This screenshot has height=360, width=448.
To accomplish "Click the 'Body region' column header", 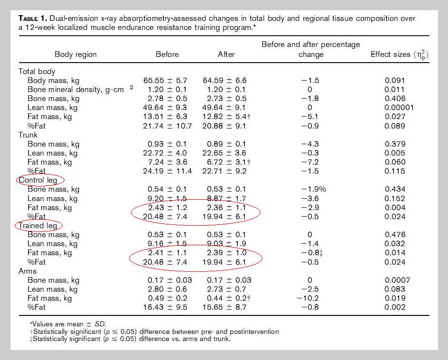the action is pyautogui.click(x=75, y=54).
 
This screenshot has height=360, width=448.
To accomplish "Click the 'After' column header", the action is pyautogui.click(x=226, y=54).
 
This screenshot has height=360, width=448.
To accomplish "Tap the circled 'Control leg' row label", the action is pyautogui.click(x=37, y=180).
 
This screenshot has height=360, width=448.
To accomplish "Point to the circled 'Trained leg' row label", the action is pyautogui.click(x=37, y=226).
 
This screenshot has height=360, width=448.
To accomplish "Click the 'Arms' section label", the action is pyautogui.click(x=28, y=271).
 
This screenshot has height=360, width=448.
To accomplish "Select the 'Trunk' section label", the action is pyautogui.click(x=28, y=135).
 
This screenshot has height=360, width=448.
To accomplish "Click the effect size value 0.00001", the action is pyautogui.click(x=399, y=108).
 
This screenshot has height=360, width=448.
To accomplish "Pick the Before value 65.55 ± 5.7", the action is pyautogui.click(x=165, y=81).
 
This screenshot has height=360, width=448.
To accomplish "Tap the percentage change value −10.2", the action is pyautogui.click(x=308, y=298).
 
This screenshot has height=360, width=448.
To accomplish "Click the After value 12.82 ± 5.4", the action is pyautogui.click(x=226, y=117).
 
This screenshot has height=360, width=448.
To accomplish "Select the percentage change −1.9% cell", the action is pyautogui.click(x=314, y=189).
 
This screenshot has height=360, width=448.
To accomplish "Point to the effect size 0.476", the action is pyautogui.click(x=395, y=235).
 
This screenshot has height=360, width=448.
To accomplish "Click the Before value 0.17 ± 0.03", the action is pyautogui.click(x=170, y=280).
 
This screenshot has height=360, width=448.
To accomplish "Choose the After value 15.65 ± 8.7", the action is pyautogui.click(x=224, y=307).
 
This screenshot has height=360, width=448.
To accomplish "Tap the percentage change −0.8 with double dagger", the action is pyautogui.click(x=312, y=253).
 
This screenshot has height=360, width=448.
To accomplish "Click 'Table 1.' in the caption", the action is pyautogui.click(x=33, y=18).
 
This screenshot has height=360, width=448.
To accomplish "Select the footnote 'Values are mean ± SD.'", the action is pyautogui.click(x=68, y=324).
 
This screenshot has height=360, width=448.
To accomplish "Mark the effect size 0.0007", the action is pyautogui.click(x=397, y=280).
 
